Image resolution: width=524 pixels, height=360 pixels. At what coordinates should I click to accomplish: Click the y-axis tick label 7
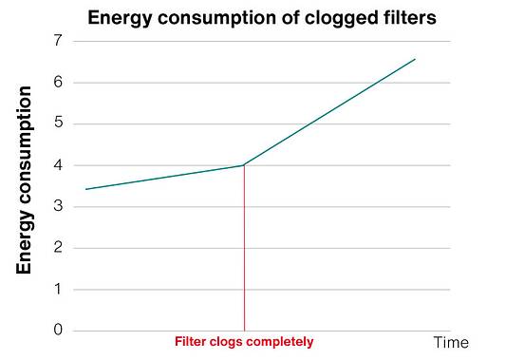pos(58,41)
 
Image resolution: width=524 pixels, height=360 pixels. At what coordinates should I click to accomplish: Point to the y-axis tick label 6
pos(58,82)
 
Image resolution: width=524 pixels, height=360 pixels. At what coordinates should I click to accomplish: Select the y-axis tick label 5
pos(58,123)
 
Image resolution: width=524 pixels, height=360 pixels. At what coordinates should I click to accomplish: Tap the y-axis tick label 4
pos(58,165)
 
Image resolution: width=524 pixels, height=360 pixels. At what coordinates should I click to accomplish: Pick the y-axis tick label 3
pos(58,206)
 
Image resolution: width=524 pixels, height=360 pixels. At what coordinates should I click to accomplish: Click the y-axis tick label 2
pos(58,248)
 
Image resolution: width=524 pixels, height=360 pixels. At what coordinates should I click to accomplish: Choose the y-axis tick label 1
pos(58,289)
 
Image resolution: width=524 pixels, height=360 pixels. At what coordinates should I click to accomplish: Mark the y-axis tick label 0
pos(58,331)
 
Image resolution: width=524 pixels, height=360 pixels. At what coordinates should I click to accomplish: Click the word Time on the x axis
pos(452,342)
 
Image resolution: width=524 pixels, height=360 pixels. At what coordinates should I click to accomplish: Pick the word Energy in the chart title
pos(120,18)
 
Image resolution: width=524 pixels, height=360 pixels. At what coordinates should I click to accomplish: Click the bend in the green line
pos(244,165)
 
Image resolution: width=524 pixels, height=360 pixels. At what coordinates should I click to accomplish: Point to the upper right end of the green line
pos(415,59)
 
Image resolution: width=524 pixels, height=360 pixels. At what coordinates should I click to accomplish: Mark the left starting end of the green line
pos(85,189)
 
